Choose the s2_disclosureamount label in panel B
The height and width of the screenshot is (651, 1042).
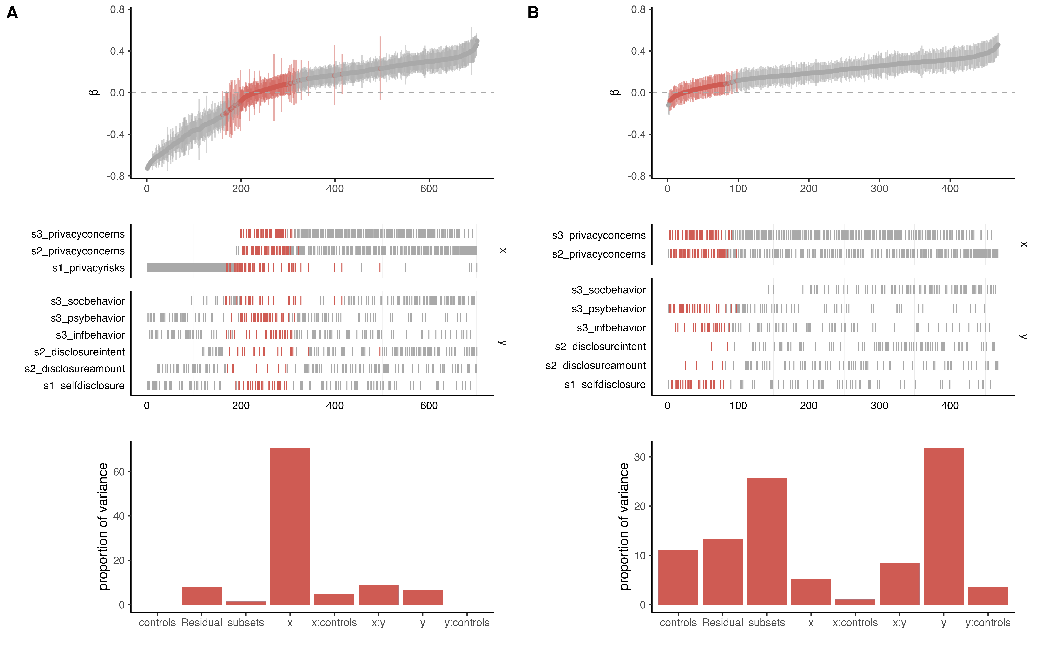(596, 366)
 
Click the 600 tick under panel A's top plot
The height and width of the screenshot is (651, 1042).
(429, 189)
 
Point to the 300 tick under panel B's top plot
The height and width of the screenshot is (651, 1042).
(879, 189)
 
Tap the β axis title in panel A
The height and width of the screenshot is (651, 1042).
(94, 93)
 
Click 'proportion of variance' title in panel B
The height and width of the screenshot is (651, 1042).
(624, 526)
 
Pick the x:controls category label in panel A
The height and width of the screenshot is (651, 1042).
(334, 623)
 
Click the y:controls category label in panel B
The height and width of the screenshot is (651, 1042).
(988, 623)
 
